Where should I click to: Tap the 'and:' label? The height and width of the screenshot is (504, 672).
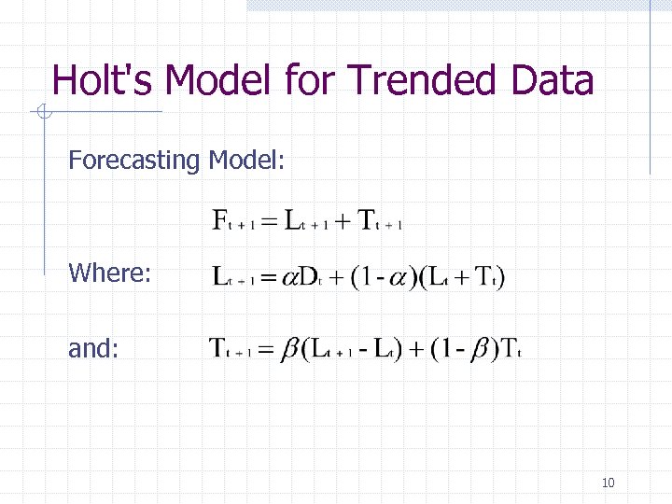pos(93,348)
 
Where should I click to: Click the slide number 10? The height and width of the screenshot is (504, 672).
pos(608,483)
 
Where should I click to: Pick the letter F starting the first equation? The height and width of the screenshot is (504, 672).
pos(222,221)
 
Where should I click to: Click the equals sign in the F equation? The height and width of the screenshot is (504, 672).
pos(268,222)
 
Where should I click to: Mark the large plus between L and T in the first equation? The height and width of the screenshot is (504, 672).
pos(341,222)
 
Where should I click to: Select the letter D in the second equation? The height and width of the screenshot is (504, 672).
pos(306,277)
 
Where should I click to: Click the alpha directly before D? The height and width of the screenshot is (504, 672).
pos(287,279)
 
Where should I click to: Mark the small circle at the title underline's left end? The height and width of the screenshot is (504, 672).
pos(42,113)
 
